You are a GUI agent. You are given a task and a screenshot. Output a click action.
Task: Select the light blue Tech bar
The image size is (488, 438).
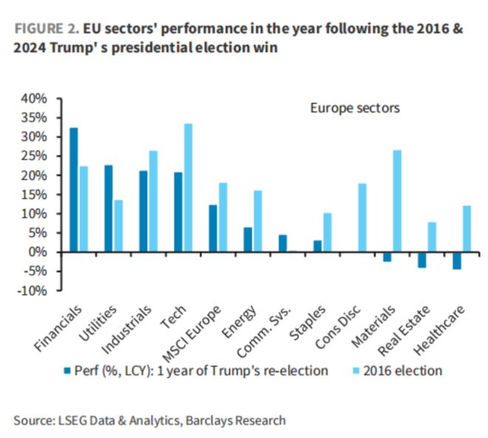pos(188,188)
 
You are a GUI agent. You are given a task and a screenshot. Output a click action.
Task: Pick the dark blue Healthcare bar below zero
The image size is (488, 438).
pos(457,261)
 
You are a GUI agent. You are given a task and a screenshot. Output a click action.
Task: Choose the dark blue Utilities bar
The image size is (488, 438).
pos(109,209)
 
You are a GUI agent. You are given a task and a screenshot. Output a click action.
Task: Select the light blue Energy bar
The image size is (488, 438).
pos(257,221)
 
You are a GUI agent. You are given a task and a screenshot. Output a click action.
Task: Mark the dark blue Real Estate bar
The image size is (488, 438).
pos(422,260)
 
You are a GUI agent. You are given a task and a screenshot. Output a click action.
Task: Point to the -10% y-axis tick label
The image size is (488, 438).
pos(33,291)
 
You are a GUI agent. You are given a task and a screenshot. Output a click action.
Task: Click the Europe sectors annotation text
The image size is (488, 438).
pos(355,108)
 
